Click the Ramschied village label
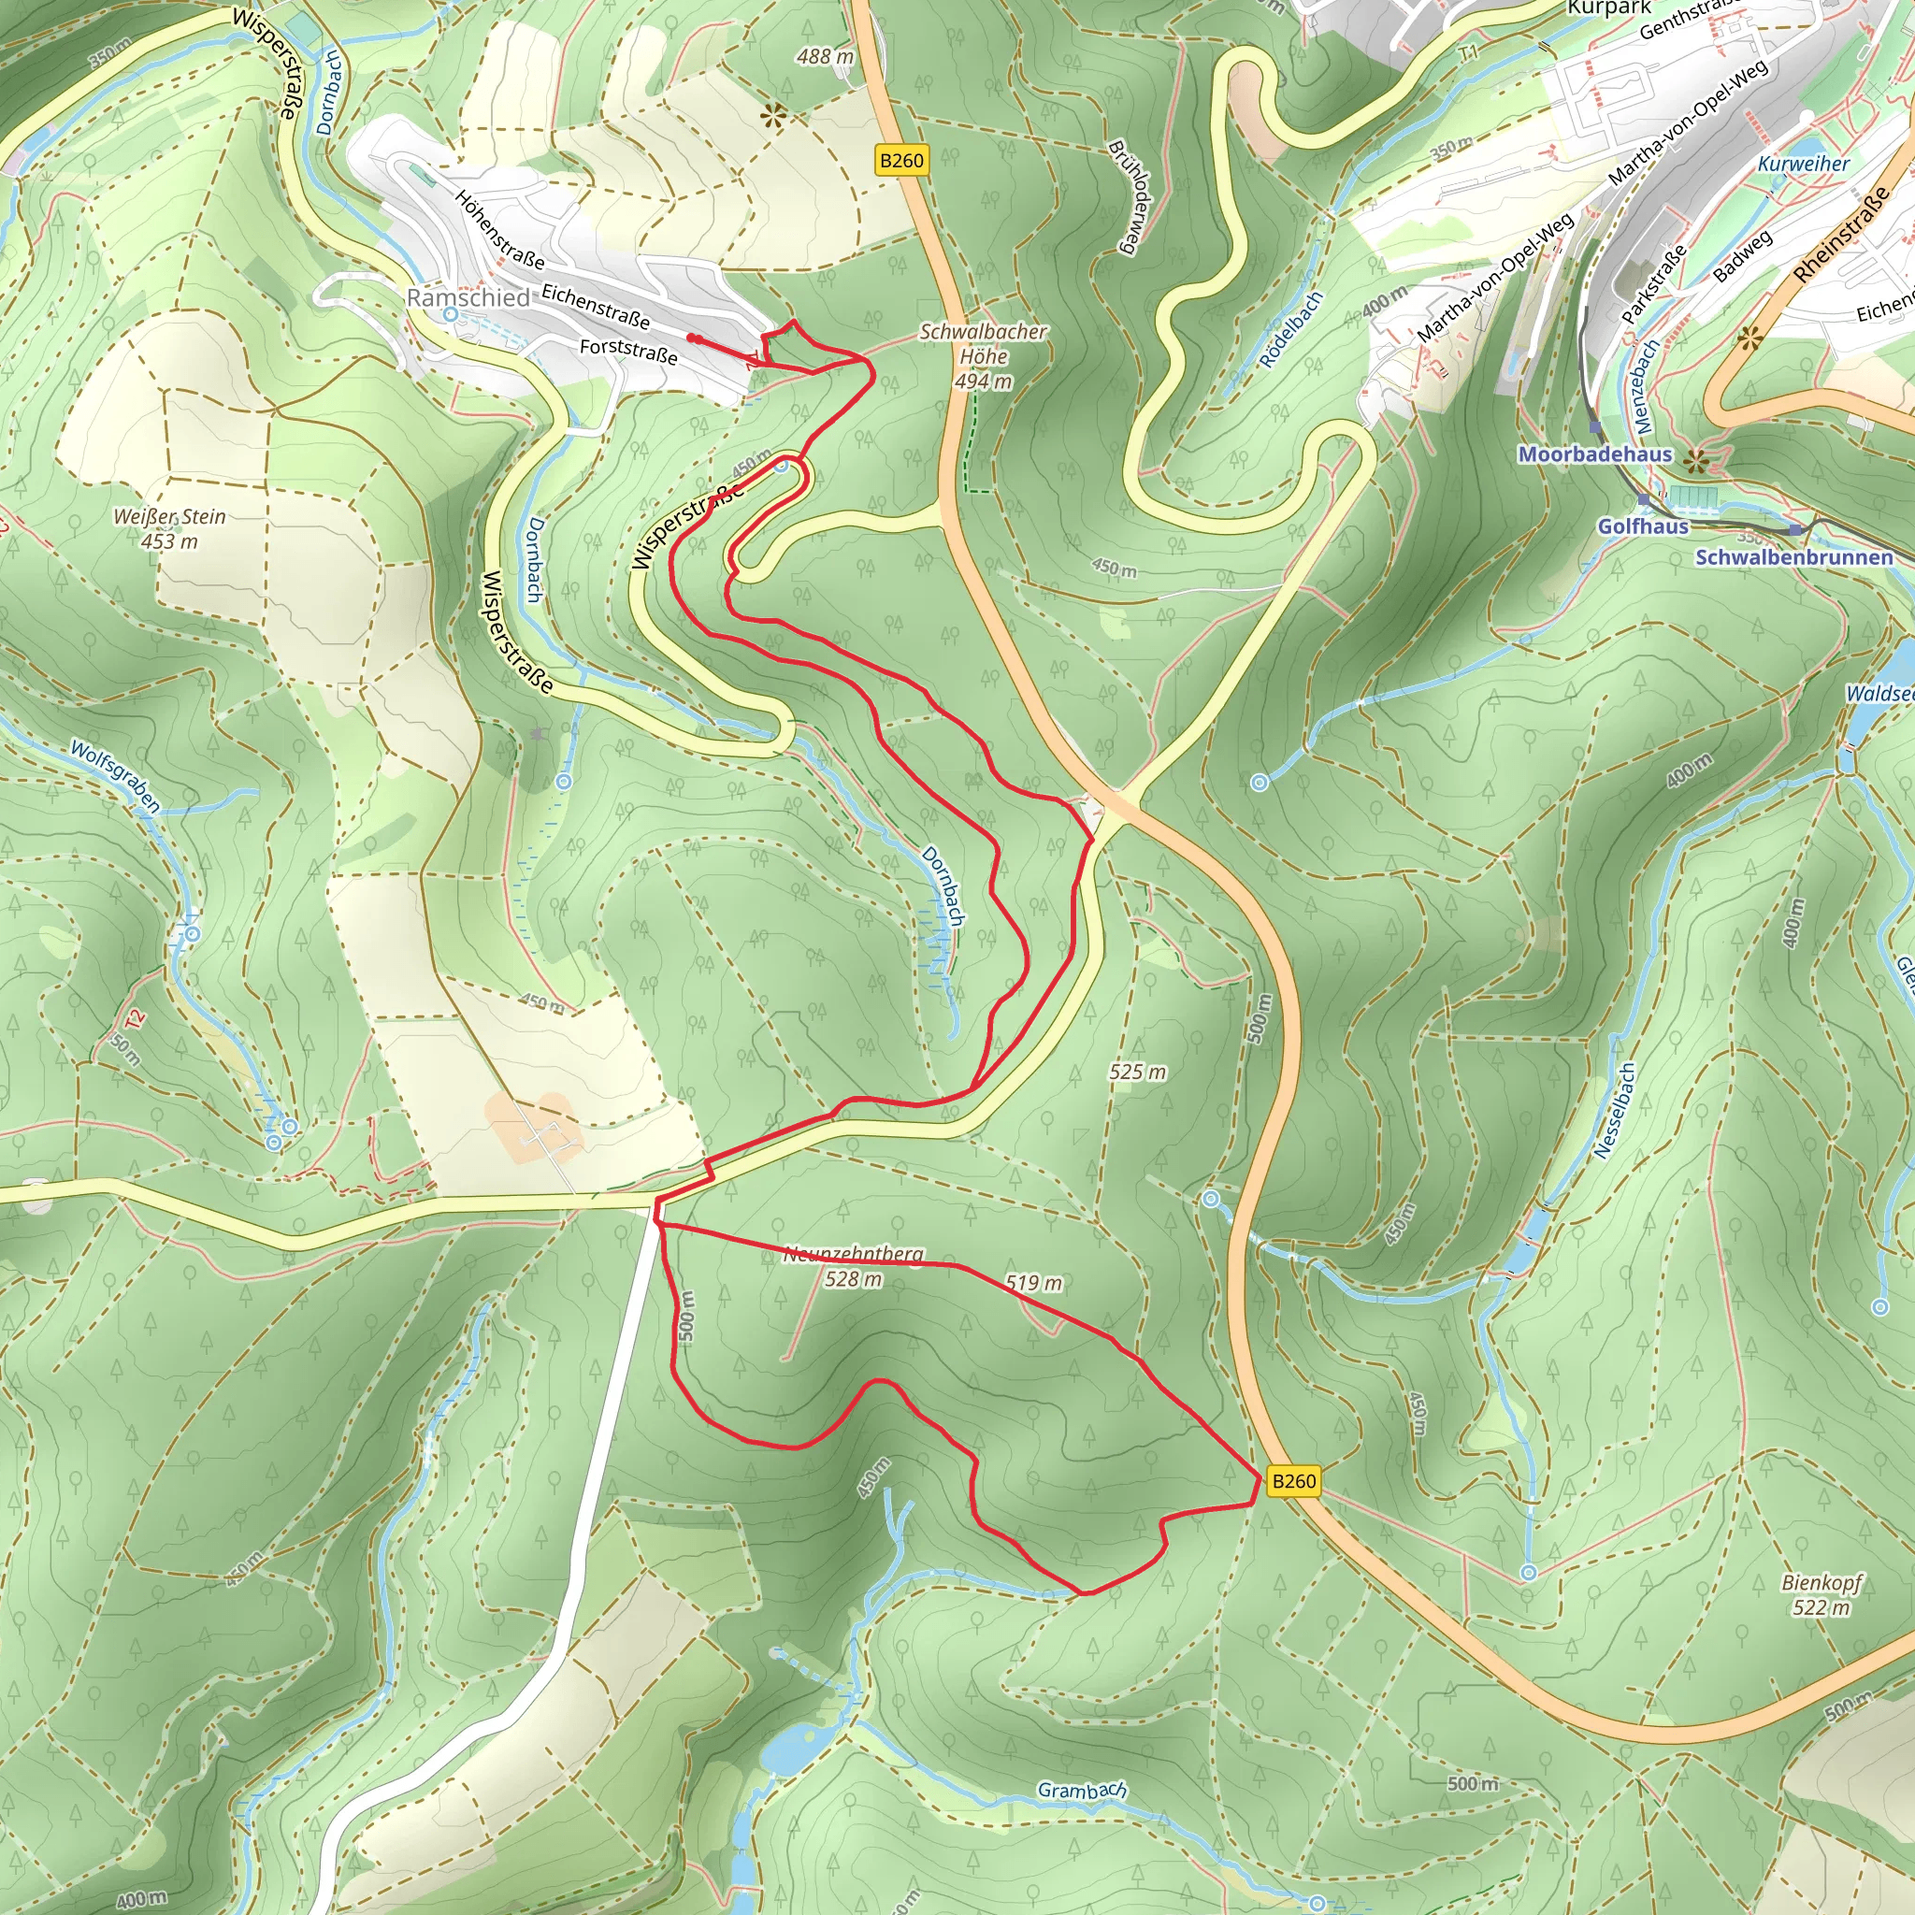pyautogui.click(x=468, y=297)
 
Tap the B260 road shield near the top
pyautogui.click(x=901, y=161)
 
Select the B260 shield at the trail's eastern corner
pyautogui.click(x=1292, y=1481)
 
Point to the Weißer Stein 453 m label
pyautogui.click(x=169, y=528)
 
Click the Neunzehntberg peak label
pyautogui.click(x=854, y=1255)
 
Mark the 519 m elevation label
pyautogui.click(x=1033, y=1283)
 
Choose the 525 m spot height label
pyautogui.click(x=1137, y=1072)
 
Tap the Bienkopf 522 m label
pyautogui.click(x=1821, y=1594)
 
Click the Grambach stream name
pyautogui.click(x=1082, y=1790)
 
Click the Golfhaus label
pyautogui.click(x=1642, y=526)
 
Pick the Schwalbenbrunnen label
pyautogui.click(x=1794, y=557)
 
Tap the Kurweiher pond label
pyautogui.click(x=1804, y=164)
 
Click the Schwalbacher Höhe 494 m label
pyautogui.click(x=984, y=356)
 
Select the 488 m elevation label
pyautogui.click(x=825, y=56)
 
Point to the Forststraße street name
pyautogui.click(x=628, y=351)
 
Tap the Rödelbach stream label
pyautogui.click(x=1291, y=329)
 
